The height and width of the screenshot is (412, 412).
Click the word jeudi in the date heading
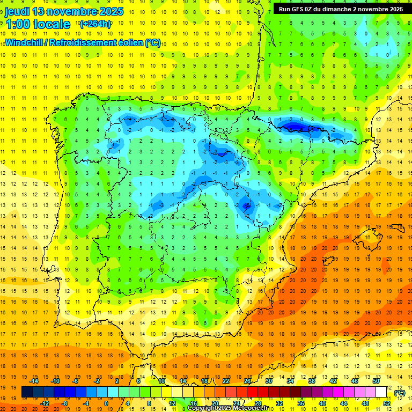point(17,11)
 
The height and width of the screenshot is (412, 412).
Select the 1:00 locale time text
point(38,24)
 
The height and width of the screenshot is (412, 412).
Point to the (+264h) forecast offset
point(95,24)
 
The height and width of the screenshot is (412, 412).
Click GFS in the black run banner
point(300,9)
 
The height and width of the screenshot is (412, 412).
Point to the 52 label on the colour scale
point(387,403)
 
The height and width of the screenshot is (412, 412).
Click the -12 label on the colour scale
point(45,403)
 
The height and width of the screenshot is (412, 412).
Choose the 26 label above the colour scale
point(247,381)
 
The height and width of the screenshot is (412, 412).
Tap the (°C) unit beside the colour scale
point(400,393)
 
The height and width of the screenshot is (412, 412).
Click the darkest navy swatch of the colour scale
point(26,393)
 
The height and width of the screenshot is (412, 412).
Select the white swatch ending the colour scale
point(386,393)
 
